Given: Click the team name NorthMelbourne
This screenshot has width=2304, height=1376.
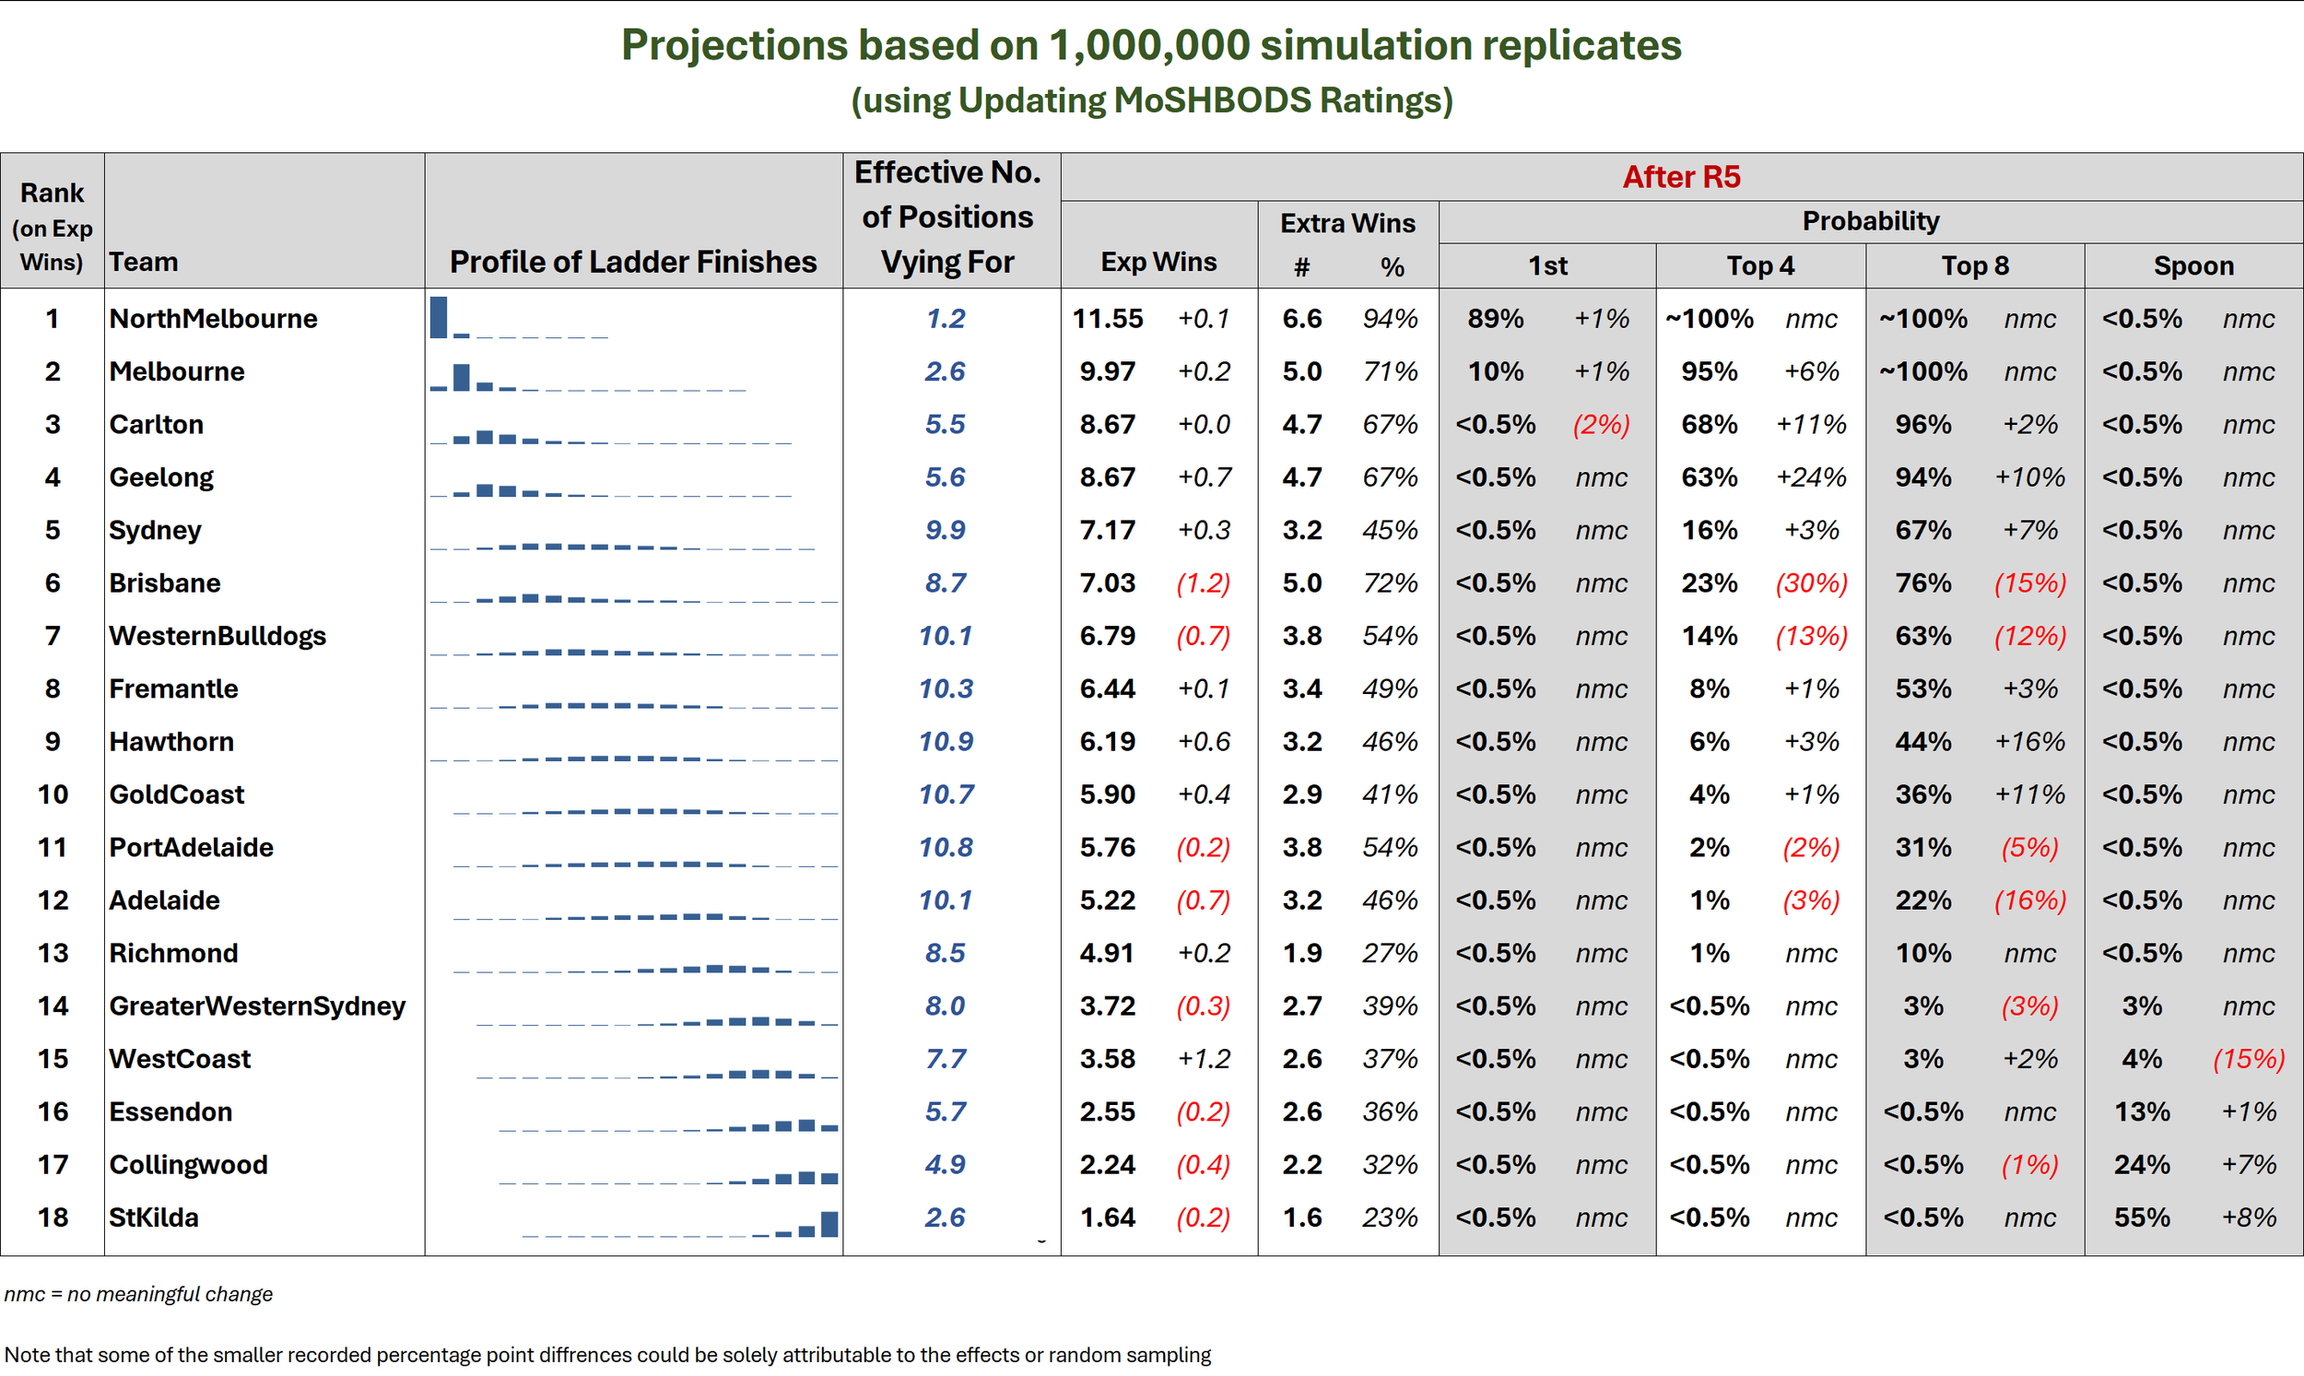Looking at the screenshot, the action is [x=213, y=319].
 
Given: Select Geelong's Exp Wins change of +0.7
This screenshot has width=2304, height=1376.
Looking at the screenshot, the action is [x=1204, y=477].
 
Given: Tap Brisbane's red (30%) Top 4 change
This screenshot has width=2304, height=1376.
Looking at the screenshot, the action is [x=1811, y=583].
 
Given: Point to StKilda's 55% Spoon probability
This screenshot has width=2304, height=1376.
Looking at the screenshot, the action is [x=2142, y=1217].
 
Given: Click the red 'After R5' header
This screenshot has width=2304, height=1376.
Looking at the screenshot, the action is [x=1681, y=177].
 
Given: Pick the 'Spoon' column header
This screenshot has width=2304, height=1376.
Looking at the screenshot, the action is [x=2193, y=266].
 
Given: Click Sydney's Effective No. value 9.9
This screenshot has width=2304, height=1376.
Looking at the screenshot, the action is [x=945, y=530].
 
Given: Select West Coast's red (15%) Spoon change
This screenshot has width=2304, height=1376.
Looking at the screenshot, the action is [x=2249, y=1059].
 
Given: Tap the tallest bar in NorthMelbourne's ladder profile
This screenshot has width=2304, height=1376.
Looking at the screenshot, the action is [x=439, y=317].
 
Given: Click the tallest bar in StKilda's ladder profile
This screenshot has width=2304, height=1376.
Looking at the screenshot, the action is [x=829, y=1224].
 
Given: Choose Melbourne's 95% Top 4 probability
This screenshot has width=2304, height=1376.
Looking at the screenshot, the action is [x=1709, y=371].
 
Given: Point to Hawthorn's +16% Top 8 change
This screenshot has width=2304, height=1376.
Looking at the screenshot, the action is [x=2029, y=742].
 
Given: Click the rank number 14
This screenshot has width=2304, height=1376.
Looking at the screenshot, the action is [x=53, y=1006].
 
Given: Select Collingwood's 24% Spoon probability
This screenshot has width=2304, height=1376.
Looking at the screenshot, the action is [x=2142, y=1165].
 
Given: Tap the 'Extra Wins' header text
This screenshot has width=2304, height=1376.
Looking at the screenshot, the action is [x=1347, y=223].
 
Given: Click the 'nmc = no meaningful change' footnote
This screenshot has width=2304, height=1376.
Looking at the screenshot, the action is [x=138, y=1294].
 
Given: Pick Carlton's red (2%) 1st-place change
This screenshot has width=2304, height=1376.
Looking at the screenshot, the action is [x=1601, y=425].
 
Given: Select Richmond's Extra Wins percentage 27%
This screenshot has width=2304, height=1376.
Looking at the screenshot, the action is [x=1390, y=953].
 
